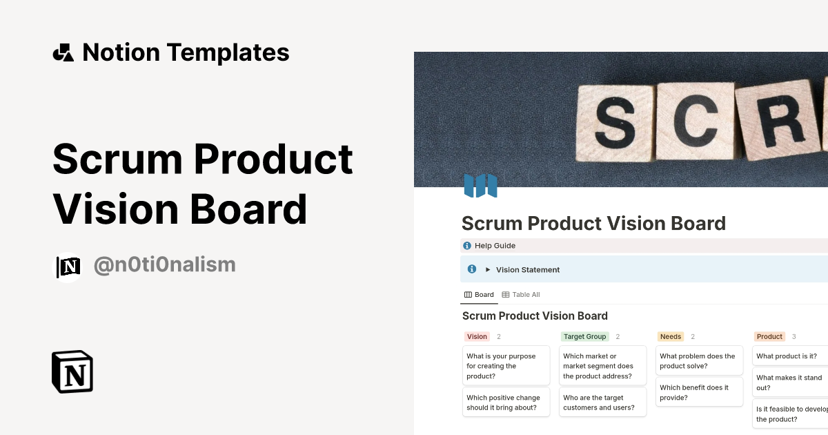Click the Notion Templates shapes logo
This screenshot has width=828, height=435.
pos(63,52)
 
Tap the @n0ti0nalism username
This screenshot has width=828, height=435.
pos(164,264)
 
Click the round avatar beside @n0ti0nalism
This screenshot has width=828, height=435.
pos(68,267)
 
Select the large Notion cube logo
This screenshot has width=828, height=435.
pos(72,371)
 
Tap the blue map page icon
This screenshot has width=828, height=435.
pos(480,186)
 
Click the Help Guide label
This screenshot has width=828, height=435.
pos(495,246)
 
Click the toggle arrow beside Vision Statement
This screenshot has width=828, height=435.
pos(488,270)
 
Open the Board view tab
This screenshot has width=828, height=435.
pos(479,295)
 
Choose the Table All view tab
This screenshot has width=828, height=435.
pos(521,295)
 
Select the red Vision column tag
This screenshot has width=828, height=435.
pos(477,337)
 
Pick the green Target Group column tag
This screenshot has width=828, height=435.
pos(584,337)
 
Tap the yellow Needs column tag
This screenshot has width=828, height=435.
pos(670,337)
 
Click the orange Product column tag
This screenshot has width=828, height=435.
pos(769,337)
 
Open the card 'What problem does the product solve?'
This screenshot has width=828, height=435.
pos(699,361)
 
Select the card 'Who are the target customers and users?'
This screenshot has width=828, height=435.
pos(602,403)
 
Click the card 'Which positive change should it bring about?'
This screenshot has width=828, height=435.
pos(506,403)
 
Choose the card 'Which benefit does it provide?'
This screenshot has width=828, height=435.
pos(699,392)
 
